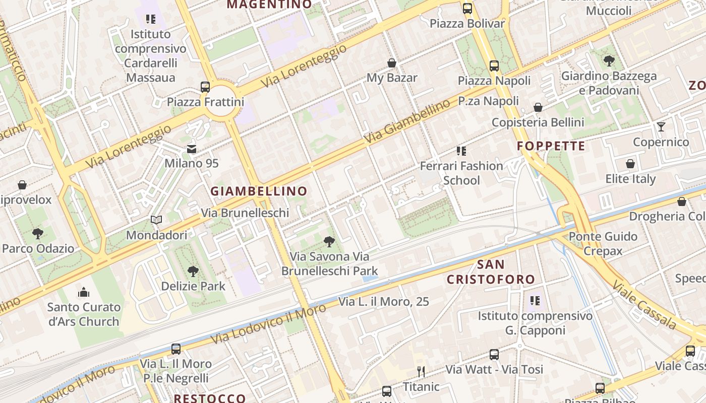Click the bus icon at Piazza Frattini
click(x=205, y=87)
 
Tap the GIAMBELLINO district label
click(x=259, y=191)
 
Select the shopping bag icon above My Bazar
click(x=392, y=63)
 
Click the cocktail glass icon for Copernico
click(x=661, y=127)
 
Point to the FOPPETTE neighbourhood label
click(x=551, y=147)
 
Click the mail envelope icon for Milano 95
click(x=192, y=149)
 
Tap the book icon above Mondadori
click(x=156, y=220)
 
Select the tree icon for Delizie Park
click(x=193, y=272)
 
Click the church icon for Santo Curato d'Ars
click(x=84, y=292)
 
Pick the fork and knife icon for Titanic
click(x=421, y=372)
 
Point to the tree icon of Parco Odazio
click(x=38, y=233)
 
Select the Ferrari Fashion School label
click(x=461, y=173)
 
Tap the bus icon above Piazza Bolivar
click(x=467, y=9)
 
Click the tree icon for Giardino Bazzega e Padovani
click(x=609, y=61)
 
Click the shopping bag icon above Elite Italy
click(x=630, y=164)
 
